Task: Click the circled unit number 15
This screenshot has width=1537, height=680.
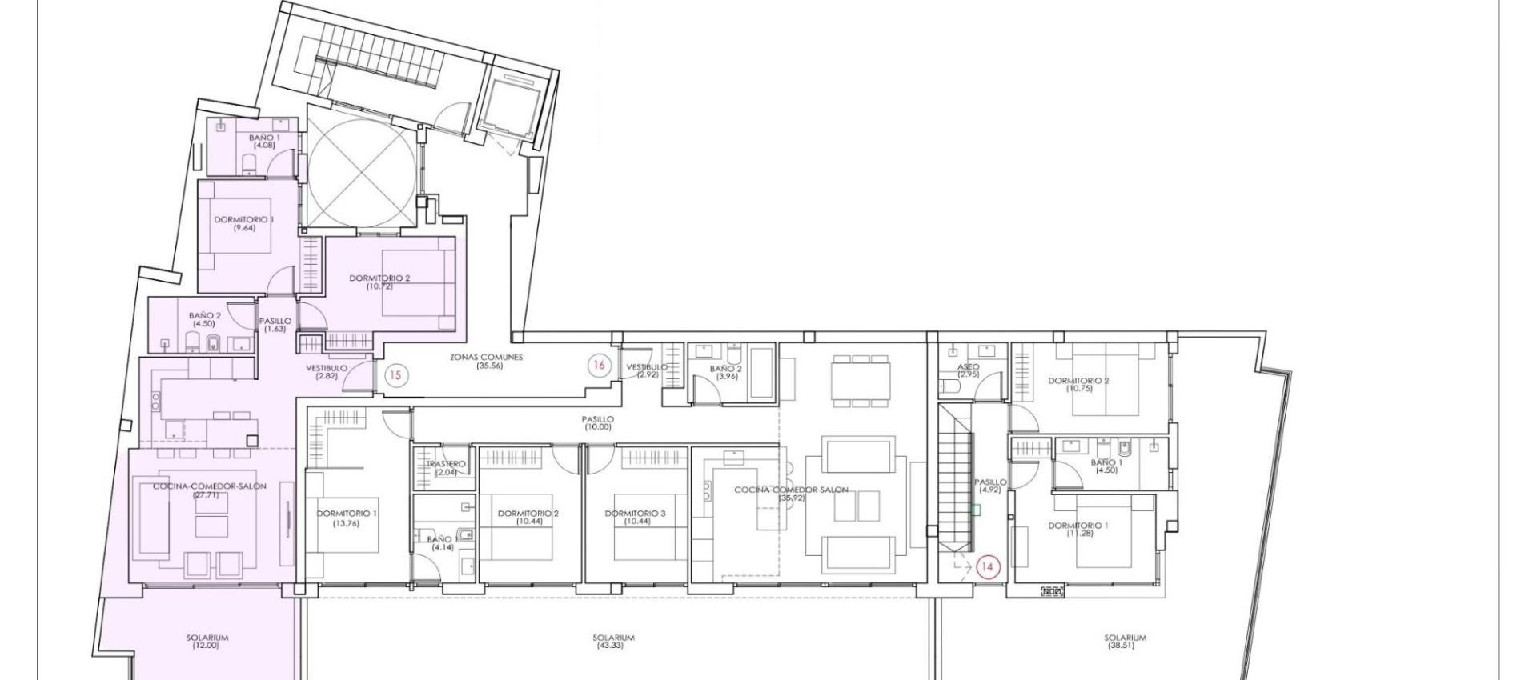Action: [x=395, y=374]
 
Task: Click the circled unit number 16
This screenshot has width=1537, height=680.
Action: [x=599, y=365]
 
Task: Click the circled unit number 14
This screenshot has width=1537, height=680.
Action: [x=987, y=566]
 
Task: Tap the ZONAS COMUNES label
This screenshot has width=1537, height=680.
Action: [x=486, y=362]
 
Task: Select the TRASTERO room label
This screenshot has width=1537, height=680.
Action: [x=446, y=468]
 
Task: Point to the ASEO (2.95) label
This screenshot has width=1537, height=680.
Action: [x=968, y=370]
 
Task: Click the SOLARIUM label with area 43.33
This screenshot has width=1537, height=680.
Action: [x=613, y=641]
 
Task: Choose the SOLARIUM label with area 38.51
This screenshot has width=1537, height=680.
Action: [x=1125, y=641]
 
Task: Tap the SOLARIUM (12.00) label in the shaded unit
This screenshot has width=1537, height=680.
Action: [x=207, y=641]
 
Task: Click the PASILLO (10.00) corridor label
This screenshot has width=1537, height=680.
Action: [x=598, y=422]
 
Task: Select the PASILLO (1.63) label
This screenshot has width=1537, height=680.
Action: [x=275, y=325]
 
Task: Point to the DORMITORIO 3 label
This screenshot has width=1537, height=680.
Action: [x=636, y=517]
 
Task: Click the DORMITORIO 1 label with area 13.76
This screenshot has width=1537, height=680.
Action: [x=344, y=518]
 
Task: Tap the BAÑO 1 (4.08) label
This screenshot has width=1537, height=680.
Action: [x=264, y=142]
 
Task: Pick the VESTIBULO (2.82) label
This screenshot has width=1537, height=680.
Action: [x=327, y=372]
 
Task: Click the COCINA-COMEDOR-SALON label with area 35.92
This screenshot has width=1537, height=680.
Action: [x=791, y=494]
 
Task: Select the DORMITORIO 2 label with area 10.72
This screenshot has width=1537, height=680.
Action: [x=379, y=282]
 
